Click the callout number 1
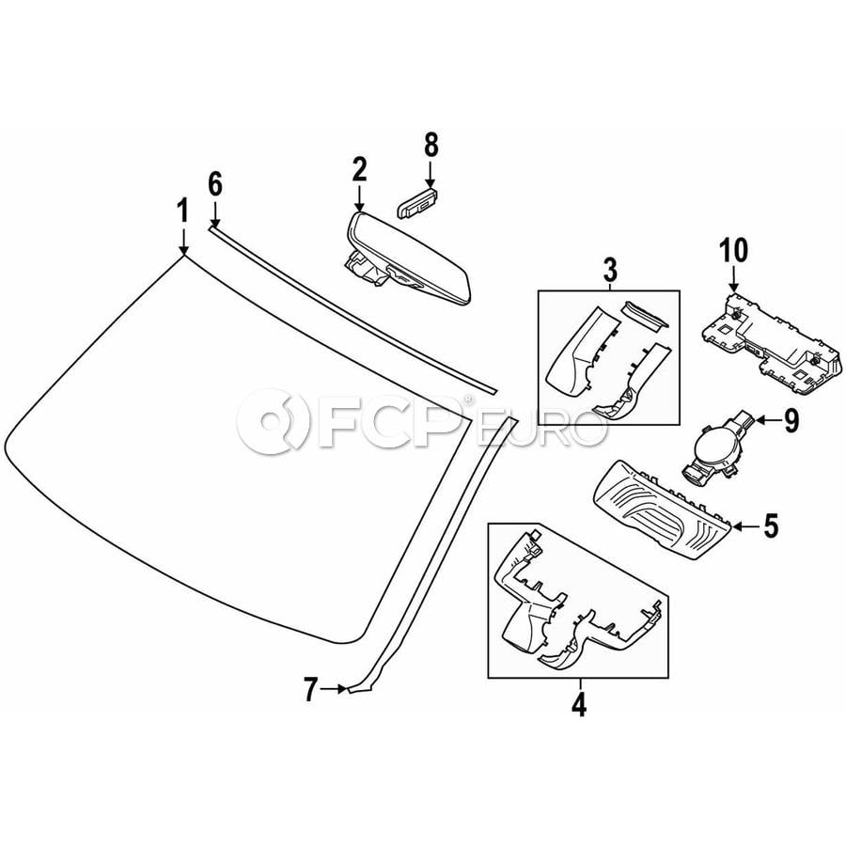tap(183, 211)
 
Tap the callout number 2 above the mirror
tap(359, 169)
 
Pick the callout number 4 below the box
tap(579, 704)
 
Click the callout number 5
tap(772, 526)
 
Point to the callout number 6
tap(214, 185)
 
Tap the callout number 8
tap(431, 146)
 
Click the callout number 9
tap(791, 420)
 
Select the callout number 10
tap(733, 250)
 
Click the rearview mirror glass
tap(410, 259)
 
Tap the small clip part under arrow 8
tap(416, 203)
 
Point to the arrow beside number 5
tap(745, 526)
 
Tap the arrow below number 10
tap(733, 279)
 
